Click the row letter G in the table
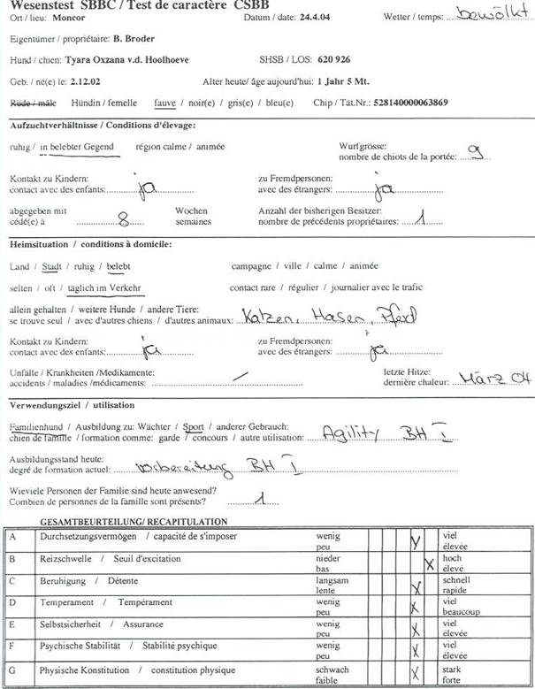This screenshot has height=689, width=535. tap(13, 670)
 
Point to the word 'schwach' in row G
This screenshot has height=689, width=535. tap(332, 670)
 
